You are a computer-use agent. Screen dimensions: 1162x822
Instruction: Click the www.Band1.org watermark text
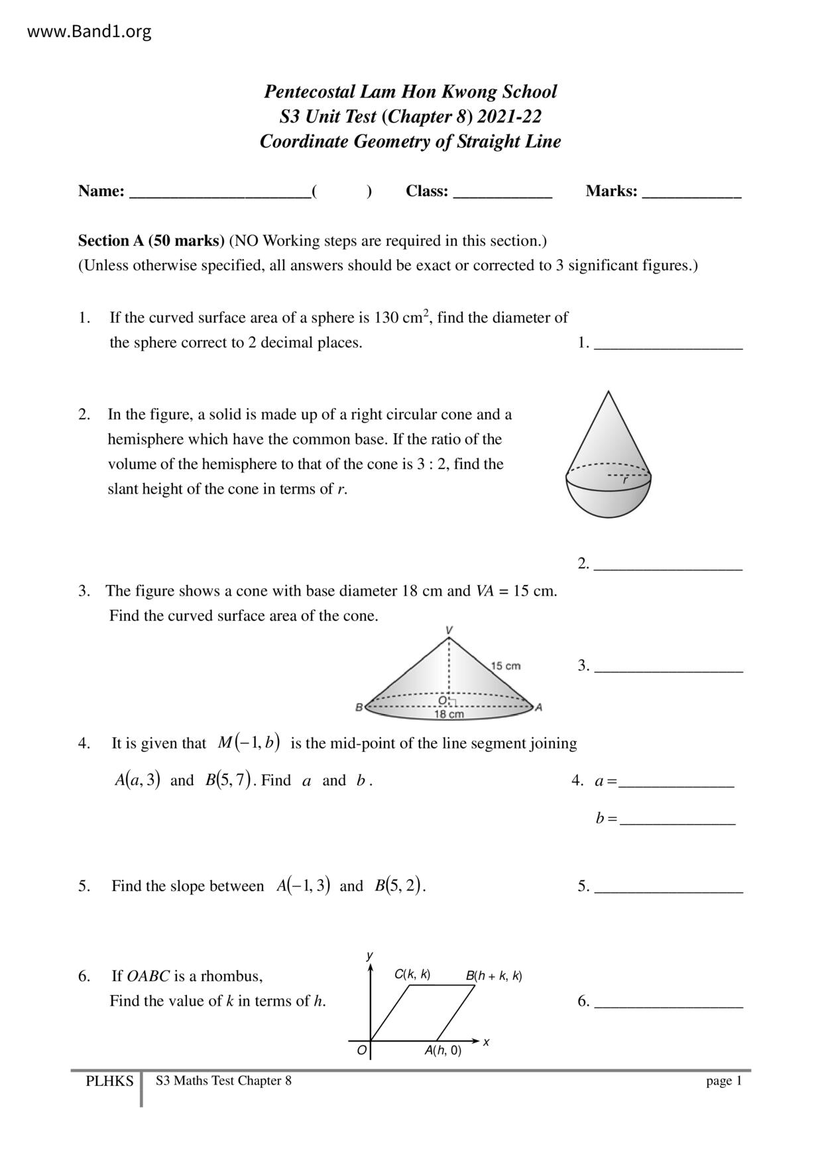pyautogui.click(x=89, y=31)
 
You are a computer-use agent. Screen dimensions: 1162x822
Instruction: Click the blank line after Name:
pyautogui.click(x=219, y=193)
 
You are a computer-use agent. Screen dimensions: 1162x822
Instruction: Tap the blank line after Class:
pyautogui.click(x=502, y=193)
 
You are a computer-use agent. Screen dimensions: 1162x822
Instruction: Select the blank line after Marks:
pyautogui.click(x=691, y=193)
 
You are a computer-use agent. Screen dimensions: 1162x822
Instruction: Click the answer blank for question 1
pyautogui.click(x=668, y=344)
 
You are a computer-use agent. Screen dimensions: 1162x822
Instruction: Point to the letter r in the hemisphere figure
pyautogui.click(x=624, y=481)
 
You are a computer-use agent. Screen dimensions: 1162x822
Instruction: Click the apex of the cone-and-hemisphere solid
pyautogui.click(x=608, y=392)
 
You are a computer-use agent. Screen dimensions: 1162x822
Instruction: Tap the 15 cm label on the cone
pyautogui.click(x=506, y=665)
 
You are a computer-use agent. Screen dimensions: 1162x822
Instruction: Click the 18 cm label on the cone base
pyautogui.click(x=449, y=714)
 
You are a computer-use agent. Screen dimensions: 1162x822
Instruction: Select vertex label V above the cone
pyautogui.click(x=449, y=629)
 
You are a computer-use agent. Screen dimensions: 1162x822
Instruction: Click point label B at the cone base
pyautogui.click(x=359, y=707)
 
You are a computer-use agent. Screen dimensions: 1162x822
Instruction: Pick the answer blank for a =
pyautogui.click(x=676, y=783)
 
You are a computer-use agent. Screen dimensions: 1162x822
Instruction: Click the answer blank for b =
pyautogui.click(x=677, y=821)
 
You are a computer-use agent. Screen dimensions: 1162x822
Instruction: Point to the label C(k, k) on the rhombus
pyautogui.click(x=412, y=974)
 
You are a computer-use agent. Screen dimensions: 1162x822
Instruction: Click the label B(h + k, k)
pyautogui.click(x=493, y=975)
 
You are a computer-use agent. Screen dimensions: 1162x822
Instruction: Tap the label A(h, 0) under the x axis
pyautogui.click(x=443, y=1050)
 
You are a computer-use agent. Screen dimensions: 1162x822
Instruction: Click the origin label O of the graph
pyautogui.click(x=361, y=1050)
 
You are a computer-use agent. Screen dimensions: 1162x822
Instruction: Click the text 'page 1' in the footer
pyautogui.click(x=723, y=1081)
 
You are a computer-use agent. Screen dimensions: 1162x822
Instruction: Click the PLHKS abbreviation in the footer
pyautogui.click(x=109, y=1081)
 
